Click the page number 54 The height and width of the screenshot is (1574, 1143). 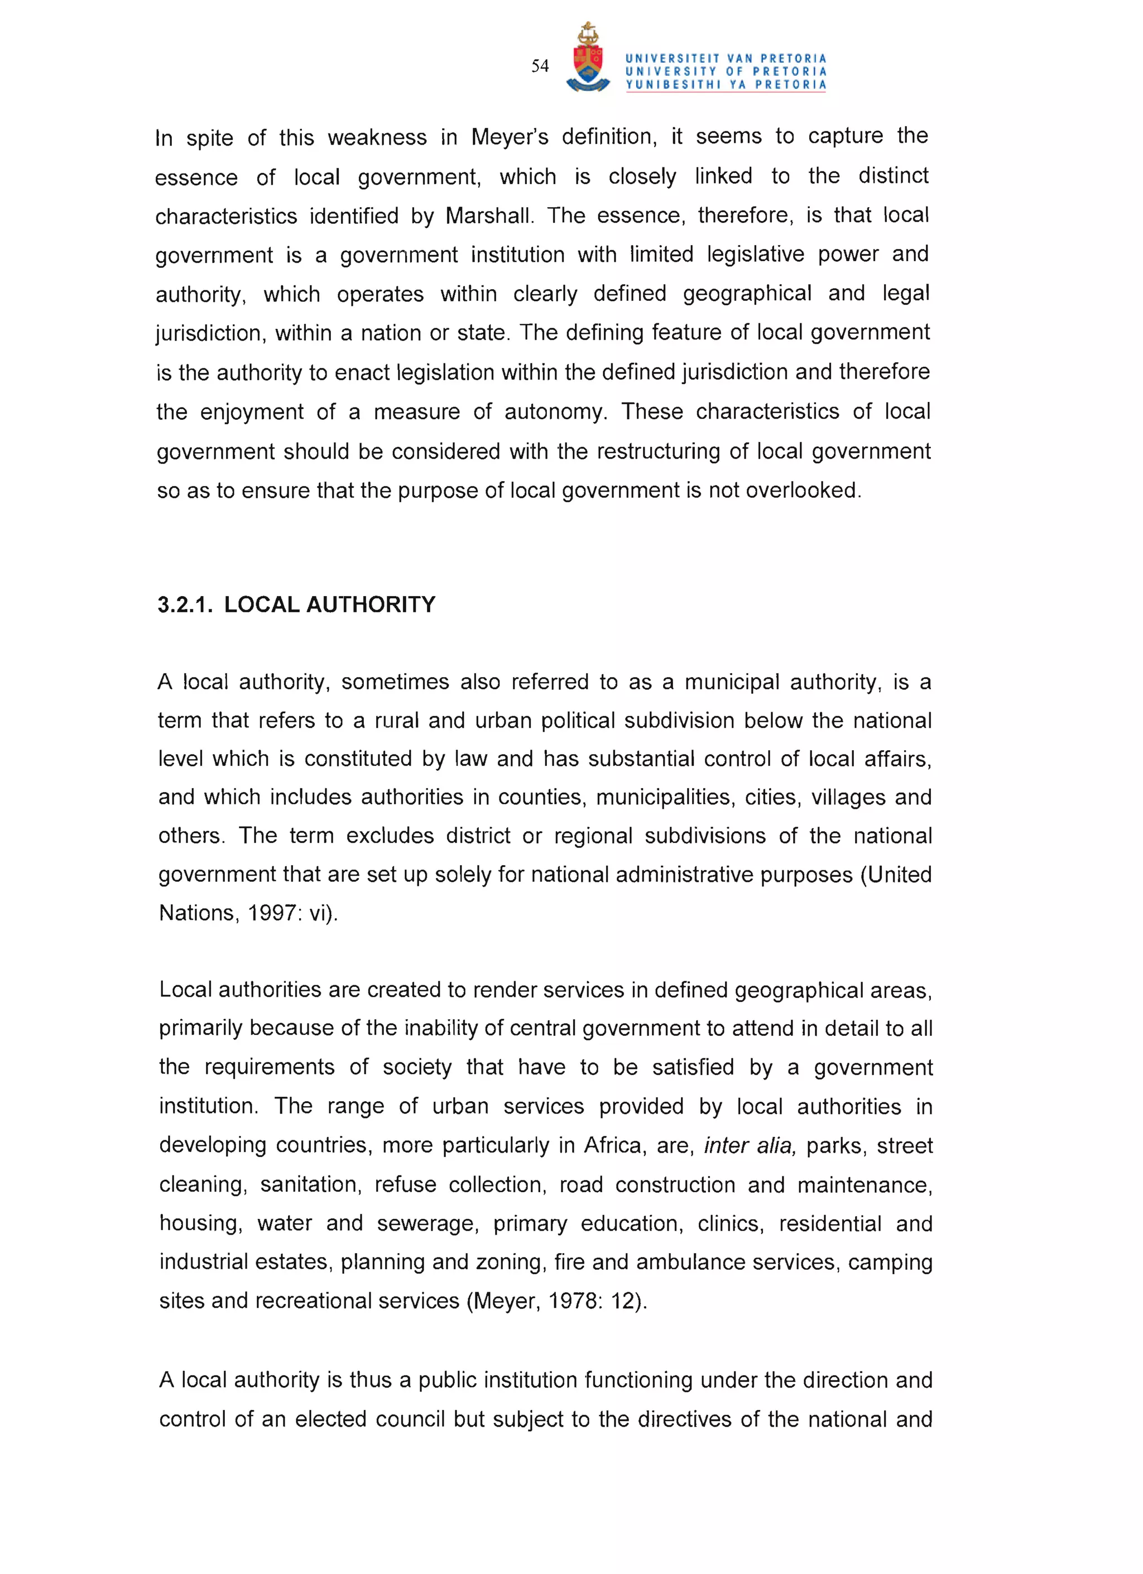pyautogui.click(x=539, y=66)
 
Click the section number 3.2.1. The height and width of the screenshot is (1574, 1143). pyautogui.click(x=184, y=604)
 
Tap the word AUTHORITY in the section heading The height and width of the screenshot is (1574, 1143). pyautogui.click(x=371, y=604)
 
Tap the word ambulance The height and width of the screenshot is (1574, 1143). pyautogui.click(x=690, y=1263)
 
